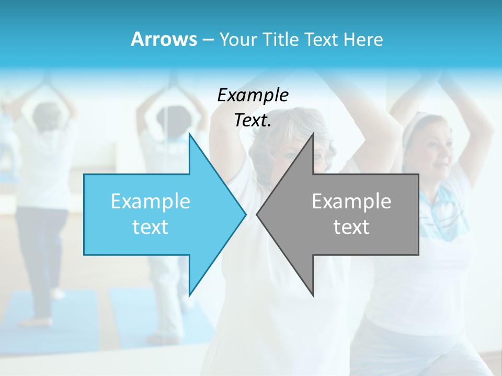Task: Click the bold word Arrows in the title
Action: (164, 39)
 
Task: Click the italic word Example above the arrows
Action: (253, 96)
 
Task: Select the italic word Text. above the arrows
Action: (253, 121)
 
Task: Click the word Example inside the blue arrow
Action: (150, 202)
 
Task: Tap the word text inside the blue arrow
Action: (150, 227)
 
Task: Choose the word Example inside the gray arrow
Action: (351, 202)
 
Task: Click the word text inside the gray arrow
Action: (351, 227)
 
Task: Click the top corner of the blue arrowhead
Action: (190, 134)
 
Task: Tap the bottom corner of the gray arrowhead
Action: (313, 295)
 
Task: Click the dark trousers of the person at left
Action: (39, 251)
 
